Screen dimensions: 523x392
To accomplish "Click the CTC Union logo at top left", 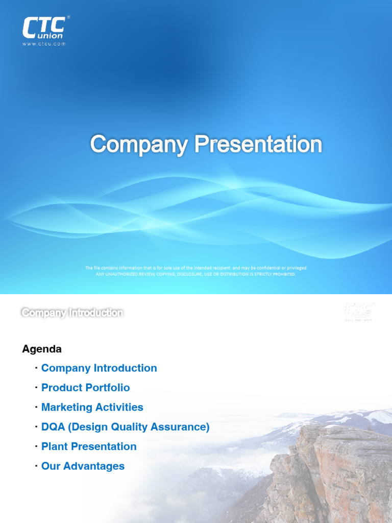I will coord(44,28).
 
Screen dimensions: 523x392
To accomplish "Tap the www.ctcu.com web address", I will coord(44,44).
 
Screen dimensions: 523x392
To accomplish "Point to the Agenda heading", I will coord(42,349).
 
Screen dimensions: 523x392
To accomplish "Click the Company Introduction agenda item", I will coord(99,368).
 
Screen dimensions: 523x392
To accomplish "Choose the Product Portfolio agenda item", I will coord(85,388).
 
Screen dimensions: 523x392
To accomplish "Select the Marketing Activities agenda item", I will coord(92,408).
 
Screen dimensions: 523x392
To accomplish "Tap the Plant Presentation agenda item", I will coord(89,446).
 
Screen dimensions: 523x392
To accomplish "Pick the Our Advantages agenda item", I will coord(83,466).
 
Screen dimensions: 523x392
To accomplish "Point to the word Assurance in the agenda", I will coord(183,427).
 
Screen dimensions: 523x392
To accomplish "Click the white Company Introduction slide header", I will coord(72,313).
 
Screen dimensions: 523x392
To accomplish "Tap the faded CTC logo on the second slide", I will coord(359,312).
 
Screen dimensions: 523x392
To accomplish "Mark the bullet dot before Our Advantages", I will coord(36,466).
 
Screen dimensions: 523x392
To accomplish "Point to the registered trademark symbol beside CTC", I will coord(68,17).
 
